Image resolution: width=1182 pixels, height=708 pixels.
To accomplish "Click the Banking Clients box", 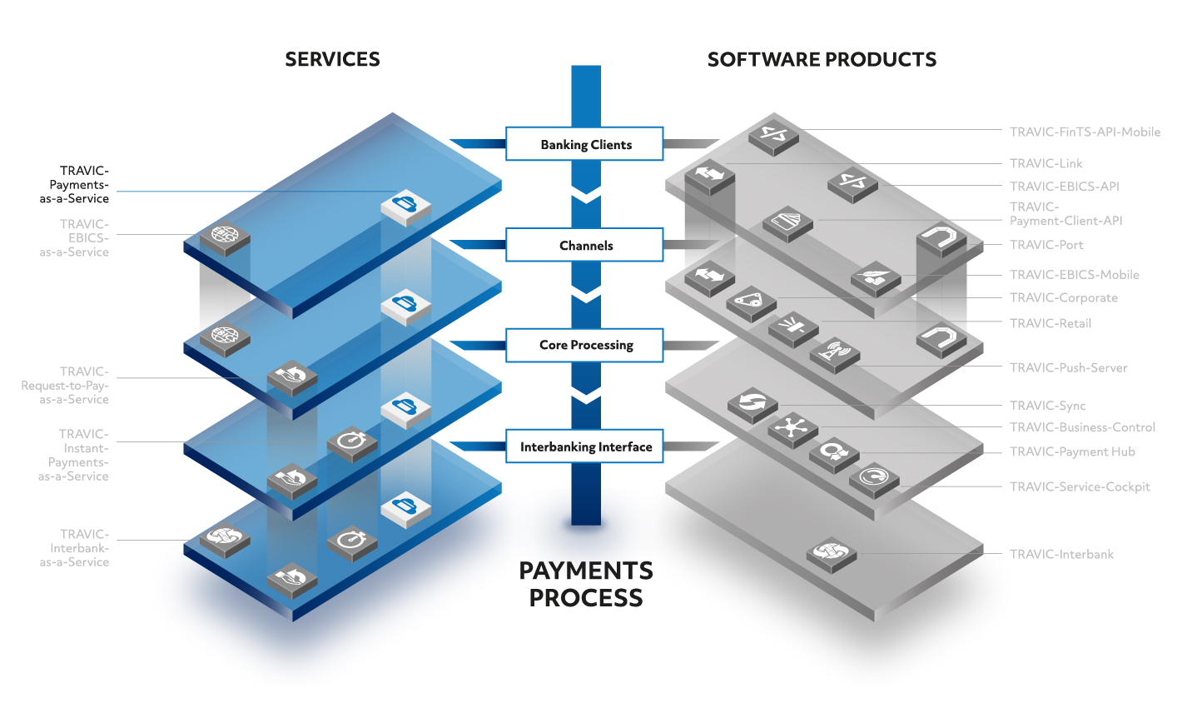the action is pyautogui.click(x=584, y=143).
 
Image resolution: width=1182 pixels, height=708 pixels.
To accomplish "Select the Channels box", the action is pyautogui.click(x=584, y=245).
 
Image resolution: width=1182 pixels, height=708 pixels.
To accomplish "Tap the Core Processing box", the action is pyautogui.click(x=584, y=346).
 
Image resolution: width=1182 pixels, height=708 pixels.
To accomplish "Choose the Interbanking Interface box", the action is pyautogui.click(x=584, y=446).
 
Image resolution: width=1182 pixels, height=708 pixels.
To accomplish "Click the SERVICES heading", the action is pyautogui.click(x=332, y=59).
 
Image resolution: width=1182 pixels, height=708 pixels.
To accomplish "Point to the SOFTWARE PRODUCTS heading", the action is pyautogui.click(x=822, y=59).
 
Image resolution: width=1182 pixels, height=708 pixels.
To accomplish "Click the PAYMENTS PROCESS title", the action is pyautogui.click(x=586, y=584).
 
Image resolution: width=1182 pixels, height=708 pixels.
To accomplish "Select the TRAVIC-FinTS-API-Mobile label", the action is pyautogui.click(x=1085, y=132).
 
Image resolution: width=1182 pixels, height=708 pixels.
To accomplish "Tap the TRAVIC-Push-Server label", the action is pyautogui.click(x=1068, y=368).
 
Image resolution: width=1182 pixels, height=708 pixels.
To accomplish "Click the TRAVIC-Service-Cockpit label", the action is pyautogui.click(x=1080, y=486).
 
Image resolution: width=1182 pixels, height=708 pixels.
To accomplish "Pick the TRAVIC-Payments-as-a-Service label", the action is pyautogui.click(x=74, y=185).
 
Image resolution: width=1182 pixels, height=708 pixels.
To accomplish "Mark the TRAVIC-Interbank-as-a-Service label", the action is pyautogui.click(x=74, y=548).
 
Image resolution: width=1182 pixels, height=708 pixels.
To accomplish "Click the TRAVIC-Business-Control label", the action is pyautogui.click(x=1082, y=427).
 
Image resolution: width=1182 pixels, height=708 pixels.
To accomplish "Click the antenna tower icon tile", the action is pyautogui.click(x=835, y=355).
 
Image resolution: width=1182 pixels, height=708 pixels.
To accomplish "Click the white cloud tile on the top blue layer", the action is pyautogui.click(x=405, y=207).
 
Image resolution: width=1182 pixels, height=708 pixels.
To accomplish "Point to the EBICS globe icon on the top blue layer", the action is pyautogui.click(x=225, y=237).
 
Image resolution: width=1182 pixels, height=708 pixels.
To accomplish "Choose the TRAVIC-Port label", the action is pyautogui.click(x=1046, y=245).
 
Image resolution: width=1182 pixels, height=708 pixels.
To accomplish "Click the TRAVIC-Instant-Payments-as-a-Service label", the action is pyautogui.click(x=73, y=455).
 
